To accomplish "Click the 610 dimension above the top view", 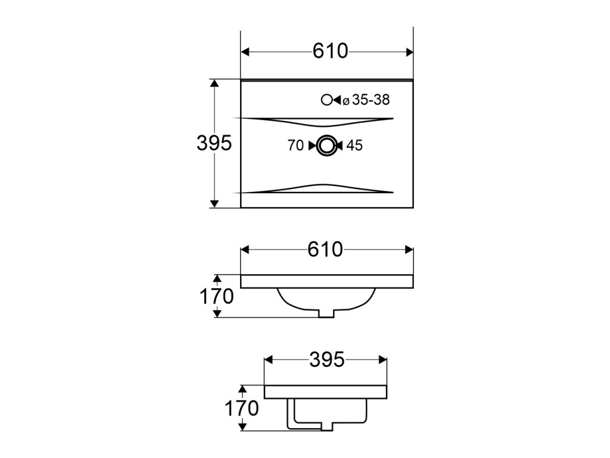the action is [x=330, y=51].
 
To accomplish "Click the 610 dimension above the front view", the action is [x=325, y=249].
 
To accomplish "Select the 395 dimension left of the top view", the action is [x=214, y=143].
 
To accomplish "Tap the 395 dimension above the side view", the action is [x=327, y=360].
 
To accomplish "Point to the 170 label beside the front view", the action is [x=216, y=296].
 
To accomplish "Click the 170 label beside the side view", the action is [x=241, y=408].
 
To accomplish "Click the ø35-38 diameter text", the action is [x=366, y=100].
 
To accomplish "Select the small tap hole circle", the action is [x=326, y=100].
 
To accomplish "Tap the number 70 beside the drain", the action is [x=295, y=146].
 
